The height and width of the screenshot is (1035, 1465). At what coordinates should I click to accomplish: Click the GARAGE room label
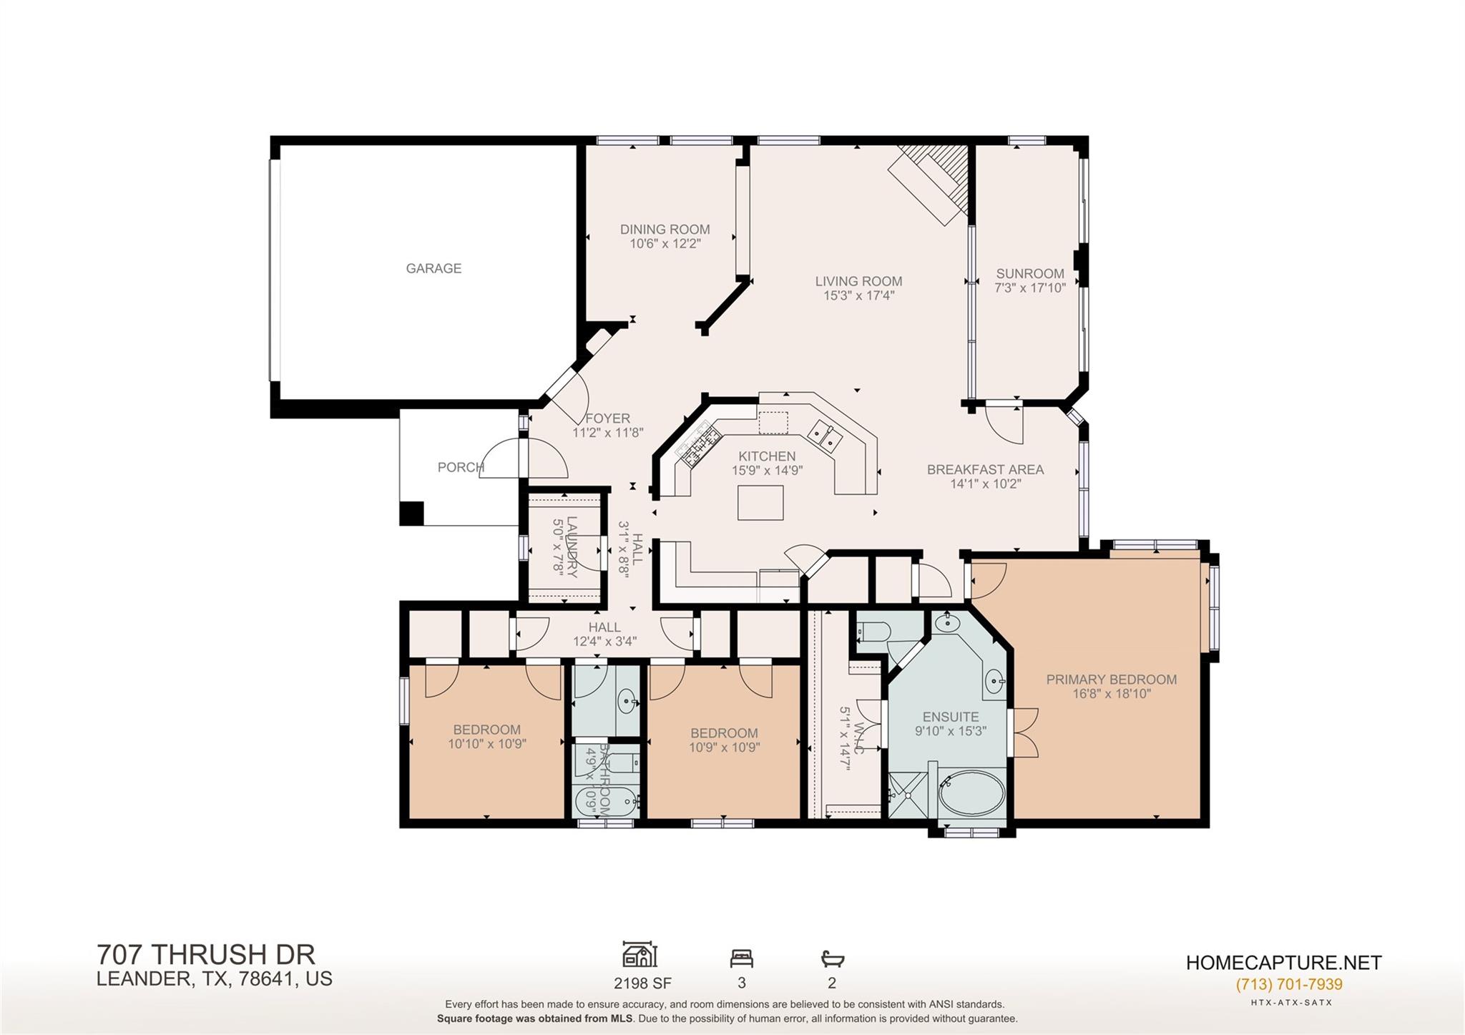tap(433, 268)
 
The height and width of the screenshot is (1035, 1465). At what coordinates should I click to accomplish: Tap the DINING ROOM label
tap(665, 230)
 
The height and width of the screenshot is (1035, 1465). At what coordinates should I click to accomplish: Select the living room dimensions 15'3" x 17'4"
tap(858, 295)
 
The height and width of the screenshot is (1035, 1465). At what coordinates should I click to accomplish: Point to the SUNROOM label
tap(1030, 273)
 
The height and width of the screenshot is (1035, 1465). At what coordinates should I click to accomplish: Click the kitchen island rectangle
tap(760, 502)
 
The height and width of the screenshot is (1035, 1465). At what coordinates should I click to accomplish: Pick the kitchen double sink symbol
tap(825, 436)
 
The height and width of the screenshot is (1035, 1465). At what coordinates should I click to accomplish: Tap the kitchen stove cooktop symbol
tap(697, 443)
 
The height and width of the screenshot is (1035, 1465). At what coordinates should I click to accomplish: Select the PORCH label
tap(461, 467)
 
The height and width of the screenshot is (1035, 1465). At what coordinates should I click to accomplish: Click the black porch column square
tap(411, 514)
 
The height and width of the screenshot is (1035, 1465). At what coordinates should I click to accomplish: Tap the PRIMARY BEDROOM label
tap(1111, 680)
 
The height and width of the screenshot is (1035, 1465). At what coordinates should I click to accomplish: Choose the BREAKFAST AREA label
tap(985, 469)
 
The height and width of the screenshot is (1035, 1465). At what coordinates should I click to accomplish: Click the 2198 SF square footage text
tap(642, 983)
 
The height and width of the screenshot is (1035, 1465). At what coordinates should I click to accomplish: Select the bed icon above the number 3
tap(741, 958)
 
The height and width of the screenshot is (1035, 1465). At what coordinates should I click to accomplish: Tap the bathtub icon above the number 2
tap(832, 958)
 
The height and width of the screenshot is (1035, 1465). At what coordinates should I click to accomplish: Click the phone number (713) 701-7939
tap(1288, 984)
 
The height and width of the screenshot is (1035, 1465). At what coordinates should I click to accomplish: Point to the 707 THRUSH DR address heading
tap(206, 954)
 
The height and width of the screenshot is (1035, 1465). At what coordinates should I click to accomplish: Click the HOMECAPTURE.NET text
tap(1283, 963)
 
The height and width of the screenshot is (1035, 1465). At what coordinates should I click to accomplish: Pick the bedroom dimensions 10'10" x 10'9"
tap(486, 744)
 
